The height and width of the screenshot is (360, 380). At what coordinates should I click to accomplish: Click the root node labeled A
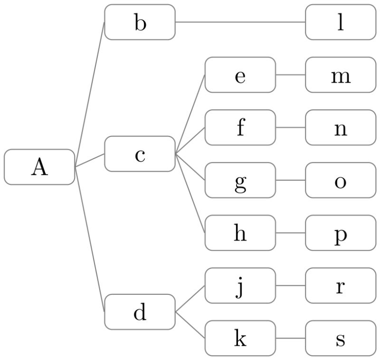(x=39, y=167)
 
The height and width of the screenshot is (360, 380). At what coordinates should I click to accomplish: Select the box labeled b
(x=140, y=22)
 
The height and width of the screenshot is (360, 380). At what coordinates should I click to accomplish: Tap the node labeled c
(x=140, y=154)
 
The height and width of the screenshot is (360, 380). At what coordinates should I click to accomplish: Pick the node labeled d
(x=140, y=312)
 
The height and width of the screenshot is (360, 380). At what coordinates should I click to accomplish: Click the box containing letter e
(x=240, y=75)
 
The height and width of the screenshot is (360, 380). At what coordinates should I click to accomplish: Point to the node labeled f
(x=240, y=127)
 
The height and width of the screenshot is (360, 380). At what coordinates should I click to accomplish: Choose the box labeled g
(x=240, y=180)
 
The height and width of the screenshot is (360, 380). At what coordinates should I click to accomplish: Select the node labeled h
(x=240, y=233)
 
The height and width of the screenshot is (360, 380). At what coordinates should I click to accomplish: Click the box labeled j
(x=240, y=285)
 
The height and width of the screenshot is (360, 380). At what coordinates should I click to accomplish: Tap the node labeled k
(x=240, y=338)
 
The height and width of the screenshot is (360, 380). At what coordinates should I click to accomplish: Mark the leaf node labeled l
(x=340, y=22)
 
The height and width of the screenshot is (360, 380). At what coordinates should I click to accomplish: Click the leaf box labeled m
(x=340, y=75)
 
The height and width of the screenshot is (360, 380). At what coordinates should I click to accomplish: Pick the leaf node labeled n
(x=340, y=127)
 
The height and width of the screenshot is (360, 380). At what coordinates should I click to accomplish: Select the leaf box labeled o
(x=340, y=180)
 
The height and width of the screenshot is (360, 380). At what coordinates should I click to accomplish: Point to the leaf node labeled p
(x=340, y=233)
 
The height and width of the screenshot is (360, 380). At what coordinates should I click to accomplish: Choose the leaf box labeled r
(x=340, y=285)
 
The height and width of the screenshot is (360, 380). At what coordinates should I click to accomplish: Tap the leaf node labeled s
(x=340, y=338)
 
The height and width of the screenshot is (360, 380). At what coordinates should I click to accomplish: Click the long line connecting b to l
(x=240, y=22)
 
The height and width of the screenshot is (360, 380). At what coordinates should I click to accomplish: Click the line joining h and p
(x=290, y=233)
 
